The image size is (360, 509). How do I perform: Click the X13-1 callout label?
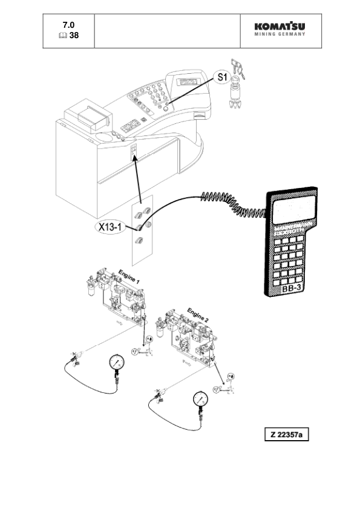pos(110,228)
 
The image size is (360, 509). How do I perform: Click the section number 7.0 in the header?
pos(69,25)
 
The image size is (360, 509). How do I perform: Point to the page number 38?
pos(74,35)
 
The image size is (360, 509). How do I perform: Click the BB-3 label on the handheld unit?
pos(293,290)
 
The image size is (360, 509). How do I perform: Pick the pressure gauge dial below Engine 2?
pos(200,399)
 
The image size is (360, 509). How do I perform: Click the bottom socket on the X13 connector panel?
pos(139,241)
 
